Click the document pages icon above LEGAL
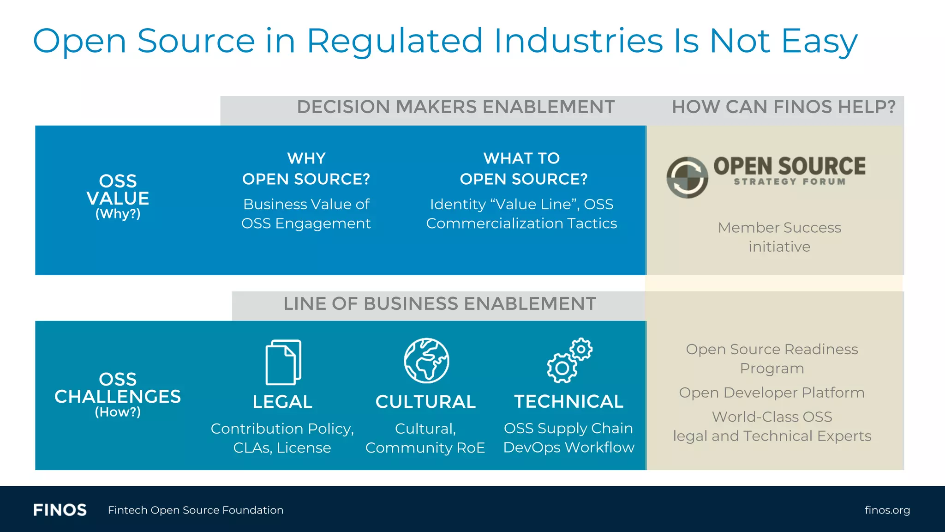pos(283,362)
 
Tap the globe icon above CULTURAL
pos(426,361)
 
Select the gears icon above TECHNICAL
pos(569,361)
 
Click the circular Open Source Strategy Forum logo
pos(687,177)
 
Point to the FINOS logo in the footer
pos(60,510)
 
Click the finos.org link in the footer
pos(887,510)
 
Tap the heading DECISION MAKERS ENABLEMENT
pos(455,107)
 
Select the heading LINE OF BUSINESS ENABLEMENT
pos(439,304)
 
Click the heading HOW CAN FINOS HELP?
pos(783,107)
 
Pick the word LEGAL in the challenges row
pos(282,402)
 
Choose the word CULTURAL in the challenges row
pos(425,402)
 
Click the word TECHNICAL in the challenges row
pos(568,402)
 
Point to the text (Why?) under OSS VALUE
pos(118,214)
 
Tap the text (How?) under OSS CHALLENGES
pos(118,412)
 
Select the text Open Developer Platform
pos(772,393)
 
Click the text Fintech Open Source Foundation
pos(196,510)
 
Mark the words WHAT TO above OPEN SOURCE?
pos(521,158)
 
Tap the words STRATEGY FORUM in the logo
pos(789,181)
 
